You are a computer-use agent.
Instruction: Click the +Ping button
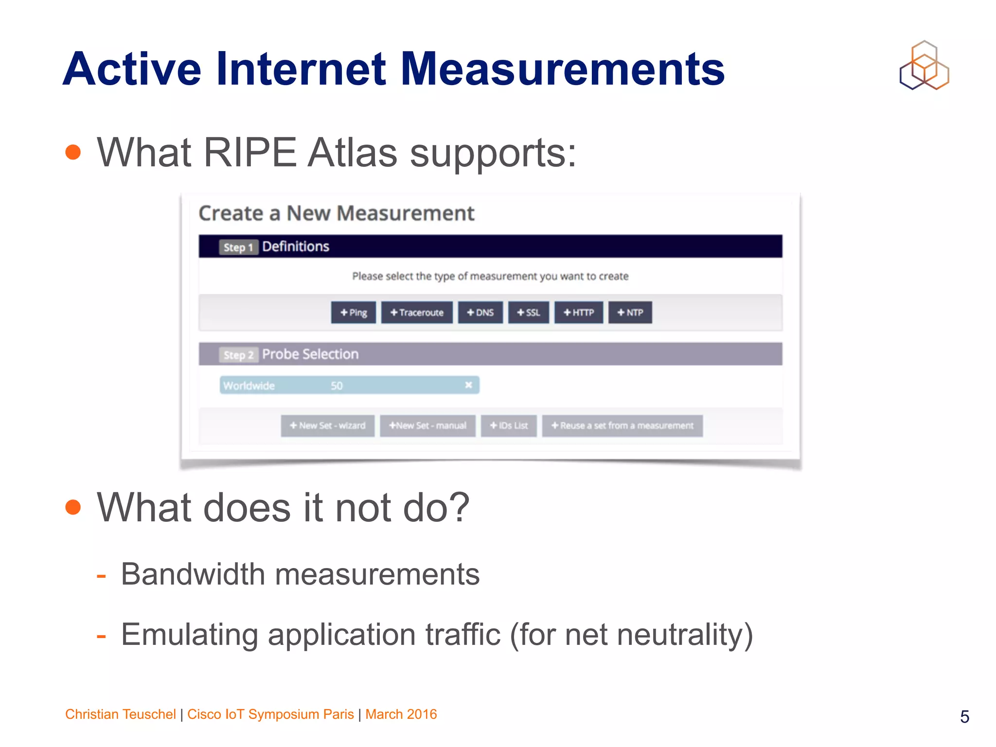354,313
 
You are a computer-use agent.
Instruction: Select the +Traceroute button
417,313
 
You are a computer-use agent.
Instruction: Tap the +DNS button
480,313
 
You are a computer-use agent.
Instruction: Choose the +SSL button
528,313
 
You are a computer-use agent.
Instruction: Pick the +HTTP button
579,313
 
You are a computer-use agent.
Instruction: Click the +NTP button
630,313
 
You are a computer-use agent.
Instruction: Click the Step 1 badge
238,247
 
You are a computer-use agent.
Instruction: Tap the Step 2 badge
238,355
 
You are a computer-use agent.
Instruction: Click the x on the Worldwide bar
468,385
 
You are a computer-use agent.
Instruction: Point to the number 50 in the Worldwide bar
337,386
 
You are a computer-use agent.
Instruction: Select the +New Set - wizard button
327,426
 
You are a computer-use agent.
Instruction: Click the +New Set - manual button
427,426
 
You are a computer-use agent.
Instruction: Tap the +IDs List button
509,426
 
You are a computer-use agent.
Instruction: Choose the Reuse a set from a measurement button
622,426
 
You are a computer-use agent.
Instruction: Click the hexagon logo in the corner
924,66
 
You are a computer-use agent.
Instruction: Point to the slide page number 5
964,717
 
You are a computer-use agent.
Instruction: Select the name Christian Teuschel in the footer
120,714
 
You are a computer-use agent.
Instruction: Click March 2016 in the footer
401,714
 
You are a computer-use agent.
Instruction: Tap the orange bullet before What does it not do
73,507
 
